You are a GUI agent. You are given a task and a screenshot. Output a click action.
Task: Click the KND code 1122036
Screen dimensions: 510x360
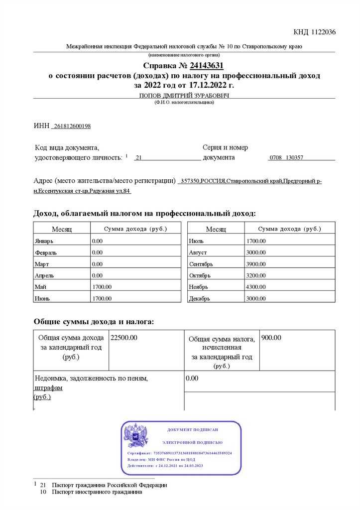(314, 32)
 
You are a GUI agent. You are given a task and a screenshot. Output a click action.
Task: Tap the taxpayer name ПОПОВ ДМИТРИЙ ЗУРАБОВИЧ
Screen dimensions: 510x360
(184, 96)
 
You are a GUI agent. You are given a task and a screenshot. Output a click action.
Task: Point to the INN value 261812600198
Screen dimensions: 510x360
(72, 126)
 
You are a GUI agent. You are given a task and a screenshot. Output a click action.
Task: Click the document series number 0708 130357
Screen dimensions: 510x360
(286, 157)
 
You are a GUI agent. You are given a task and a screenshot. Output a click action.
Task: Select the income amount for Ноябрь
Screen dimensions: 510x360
(256, 287)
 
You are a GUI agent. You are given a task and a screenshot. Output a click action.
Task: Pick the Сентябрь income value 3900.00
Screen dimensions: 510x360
(256, 264)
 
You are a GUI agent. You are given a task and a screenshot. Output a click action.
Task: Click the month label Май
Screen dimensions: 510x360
(41, 287)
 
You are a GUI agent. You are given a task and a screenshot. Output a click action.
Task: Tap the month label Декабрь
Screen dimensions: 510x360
(199, 299)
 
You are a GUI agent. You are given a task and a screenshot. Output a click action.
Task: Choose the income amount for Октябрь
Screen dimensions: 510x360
(256, 275)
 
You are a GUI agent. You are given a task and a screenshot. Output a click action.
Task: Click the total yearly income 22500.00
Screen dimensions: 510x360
(124, 338)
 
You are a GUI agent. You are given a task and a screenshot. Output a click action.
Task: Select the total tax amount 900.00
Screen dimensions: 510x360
(271, 338)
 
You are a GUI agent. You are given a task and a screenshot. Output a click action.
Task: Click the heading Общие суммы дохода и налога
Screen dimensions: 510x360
(94, 322)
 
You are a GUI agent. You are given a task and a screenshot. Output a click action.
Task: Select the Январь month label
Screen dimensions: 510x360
(44, 241)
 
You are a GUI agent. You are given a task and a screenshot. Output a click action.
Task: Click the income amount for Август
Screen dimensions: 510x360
(256, 253)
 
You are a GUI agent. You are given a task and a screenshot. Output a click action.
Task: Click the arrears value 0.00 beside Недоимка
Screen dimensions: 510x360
(192, 379)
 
